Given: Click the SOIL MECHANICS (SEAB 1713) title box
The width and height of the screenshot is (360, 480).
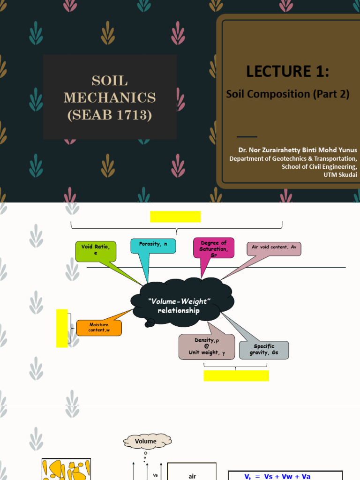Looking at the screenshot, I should pos(110,97).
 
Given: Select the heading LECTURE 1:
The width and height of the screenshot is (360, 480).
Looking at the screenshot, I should pos(287,72).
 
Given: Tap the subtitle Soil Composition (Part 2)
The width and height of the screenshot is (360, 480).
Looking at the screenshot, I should pos(288,94).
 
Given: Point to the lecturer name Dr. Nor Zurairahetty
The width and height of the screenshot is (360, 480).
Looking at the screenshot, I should pos(297,150).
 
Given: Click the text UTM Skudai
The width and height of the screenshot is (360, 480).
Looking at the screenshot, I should pos(340,174).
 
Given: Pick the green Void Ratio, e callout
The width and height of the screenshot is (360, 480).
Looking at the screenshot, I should pos(95,251).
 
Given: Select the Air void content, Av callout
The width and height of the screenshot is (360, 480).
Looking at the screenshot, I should pos(274,248).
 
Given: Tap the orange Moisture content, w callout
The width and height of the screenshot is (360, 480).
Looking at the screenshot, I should pos(99,328).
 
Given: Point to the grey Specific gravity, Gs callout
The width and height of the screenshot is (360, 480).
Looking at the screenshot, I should pos(264,350).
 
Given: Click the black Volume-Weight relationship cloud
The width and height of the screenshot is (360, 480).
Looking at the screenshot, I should pos(177,305).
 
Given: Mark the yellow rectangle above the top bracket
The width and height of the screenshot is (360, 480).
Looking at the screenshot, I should pos(175,217).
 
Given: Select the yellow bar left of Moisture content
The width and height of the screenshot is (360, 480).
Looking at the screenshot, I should pos(62,328).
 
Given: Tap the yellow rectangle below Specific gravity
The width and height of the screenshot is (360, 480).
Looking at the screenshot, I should pos(236,375).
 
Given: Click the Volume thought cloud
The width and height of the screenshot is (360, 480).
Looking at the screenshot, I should pos(146,441).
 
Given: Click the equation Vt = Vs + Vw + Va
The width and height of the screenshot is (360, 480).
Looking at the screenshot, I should pos(285,476).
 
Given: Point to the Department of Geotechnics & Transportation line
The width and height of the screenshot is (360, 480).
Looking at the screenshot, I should pos(293,158).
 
